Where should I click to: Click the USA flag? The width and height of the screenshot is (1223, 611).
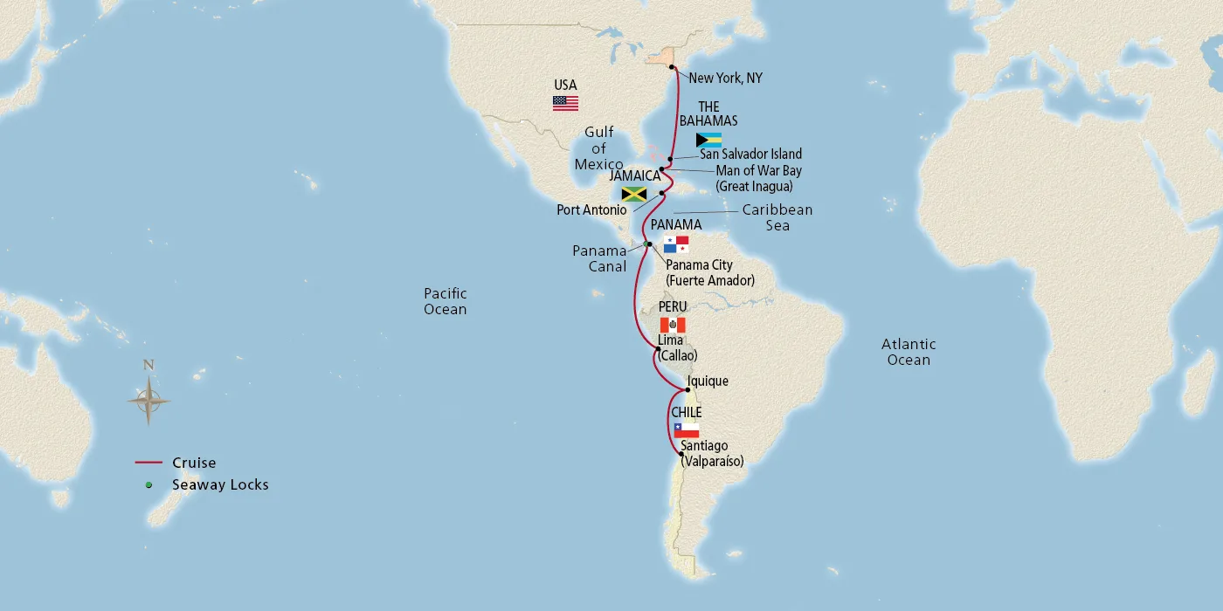(x=565, y=103)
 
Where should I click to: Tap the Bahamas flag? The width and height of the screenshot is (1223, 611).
(x=708, y=140)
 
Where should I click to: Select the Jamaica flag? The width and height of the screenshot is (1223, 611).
(x=633, y=194)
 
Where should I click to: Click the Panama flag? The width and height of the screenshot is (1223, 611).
(x=676, y=244)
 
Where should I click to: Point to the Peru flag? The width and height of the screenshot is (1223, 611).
(x=673, y=325)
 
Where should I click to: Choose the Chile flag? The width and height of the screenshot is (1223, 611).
(x=686, y=429)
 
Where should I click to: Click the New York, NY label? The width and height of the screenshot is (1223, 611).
(x=725, y=79)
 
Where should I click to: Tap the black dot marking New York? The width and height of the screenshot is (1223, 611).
(x=671, y=67)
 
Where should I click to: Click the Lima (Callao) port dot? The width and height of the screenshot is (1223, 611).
(x=658, y=350)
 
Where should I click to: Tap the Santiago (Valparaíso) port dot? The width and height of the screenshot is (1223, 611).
(x=681, y=453)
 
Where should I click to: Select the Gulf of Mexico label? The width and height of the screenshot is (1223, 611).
(x=598, y=148)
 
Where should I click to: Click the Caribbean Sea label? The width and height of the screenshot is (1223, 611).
(x=777, y=217)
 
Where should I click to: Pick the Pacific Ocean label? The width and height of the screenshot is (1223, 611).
(x=446, y=301)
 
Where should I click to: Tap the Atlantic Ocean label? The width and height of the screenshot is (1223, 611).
(x=909, y=352)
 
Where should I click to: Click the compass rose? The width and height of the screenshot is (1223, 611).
(x=149, y=401)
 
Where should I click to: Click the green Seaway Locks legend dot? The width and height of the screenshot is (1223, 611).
(x=149, y=484)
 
